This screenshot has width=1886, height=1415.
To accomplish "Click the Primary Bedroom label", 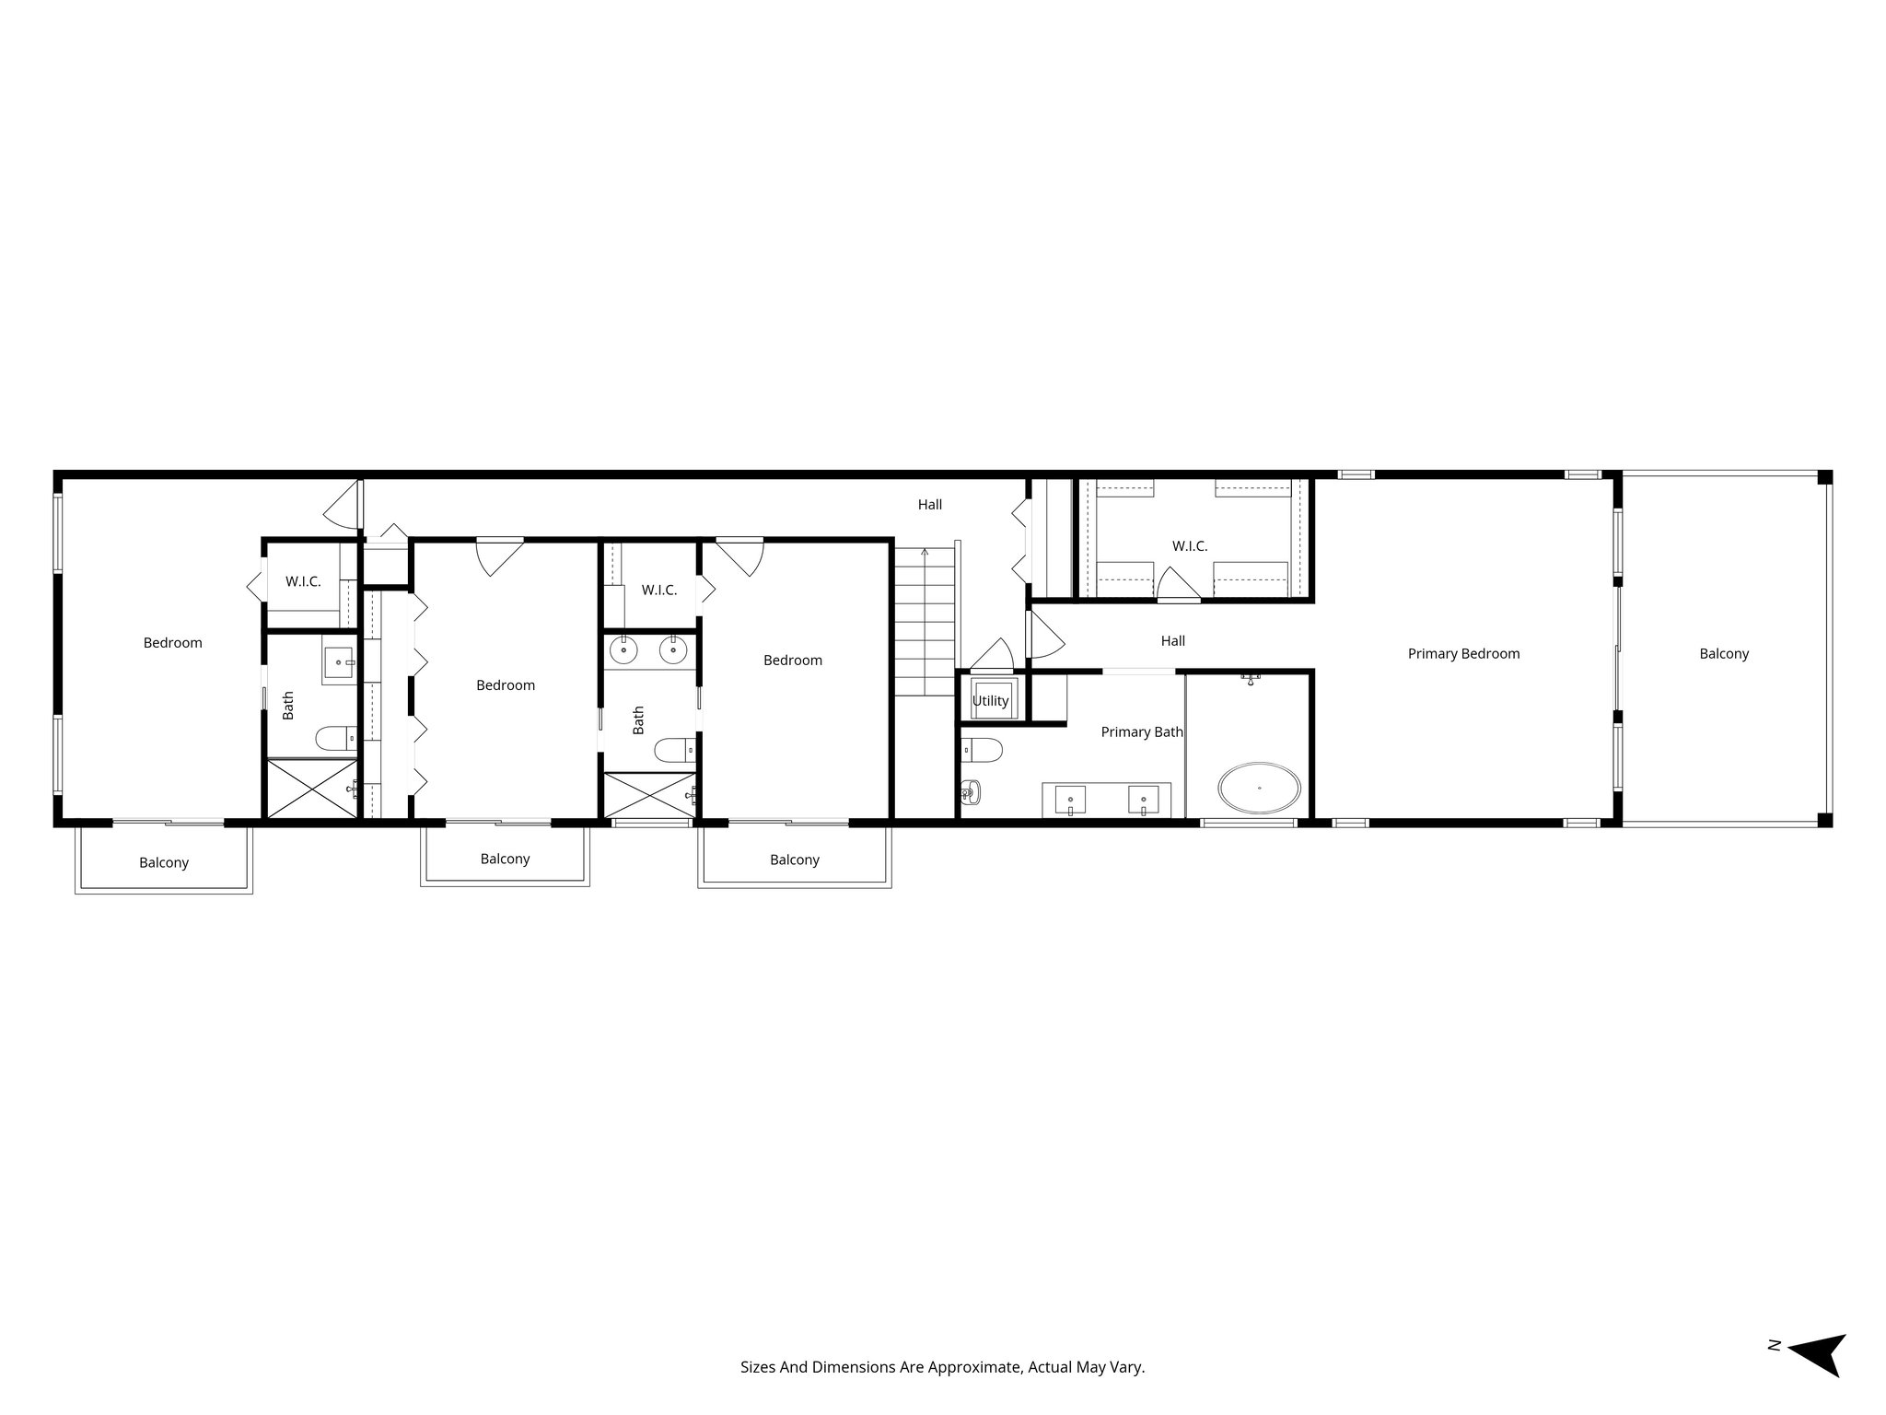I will click(x=1463, y=654).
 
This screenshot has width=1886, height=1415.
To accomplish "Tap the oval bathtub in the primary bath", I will click(x=1259, y=788).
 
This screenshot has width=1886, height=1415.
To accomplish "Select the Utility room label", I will click(x=990, y=701).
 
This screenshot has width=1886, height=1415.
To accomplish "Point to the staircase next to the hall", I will click(x=925, y=622).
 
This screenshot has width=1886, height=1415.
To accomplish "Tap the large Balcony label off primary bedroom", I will click(x=1723, y=654).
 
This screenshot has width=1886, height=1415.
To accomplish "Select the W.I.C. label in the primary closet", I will click(x=1189, y=546).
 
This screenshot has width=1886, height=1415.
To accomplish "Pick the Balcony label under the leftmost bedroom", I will click(x=164, y=863).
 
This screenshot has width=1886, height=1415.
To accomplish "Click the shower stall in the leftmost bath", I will click(x=310, y=788).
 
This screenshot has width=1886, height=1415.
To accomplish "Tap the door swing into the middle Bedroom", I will click(x=499, y=557).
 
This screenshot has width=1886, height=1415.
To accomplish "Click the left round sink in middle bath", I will click(x=624, y=650).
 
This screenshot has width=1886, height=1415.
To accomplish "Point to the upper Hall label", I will click(x=929, y=505).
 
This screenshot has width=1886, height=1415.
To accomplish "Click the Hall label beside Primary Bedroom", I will click(x=1172, y=641).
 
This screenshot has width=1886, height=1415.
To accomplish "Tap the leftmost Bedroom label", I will click(x=172, y=643).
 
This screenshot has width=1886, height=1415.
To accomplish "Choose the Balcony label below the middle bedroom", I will click(x=505, y=860).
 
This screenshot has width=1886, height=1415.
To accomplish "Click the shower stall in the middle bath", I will click(x=648, y=794).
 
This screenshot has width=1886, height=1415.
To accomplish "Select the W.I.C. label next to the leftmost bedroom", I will click(x=303, y=582).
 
